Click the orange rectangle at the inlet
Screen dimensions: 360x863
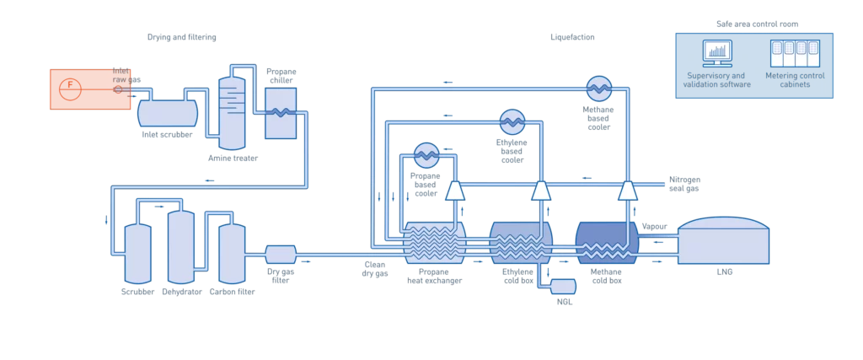pos(78,89)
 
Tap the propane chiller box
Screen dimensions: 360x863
pos(280,112)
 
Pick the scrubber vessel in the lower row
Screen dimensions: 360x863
pos(137,253)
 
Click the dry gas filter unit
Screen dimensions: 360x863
pos(280,254)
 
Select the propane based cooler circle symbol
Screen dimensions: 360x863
pos(425,153)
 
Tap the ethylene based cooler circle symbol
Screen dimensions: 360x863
pos(512,121)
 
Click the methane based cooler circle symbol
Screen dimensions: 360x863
pos(598,86)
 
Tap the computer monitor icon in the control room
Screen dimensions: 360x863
pos(716,55)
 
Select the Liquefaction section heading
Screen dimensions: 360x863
pos(572,38)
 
